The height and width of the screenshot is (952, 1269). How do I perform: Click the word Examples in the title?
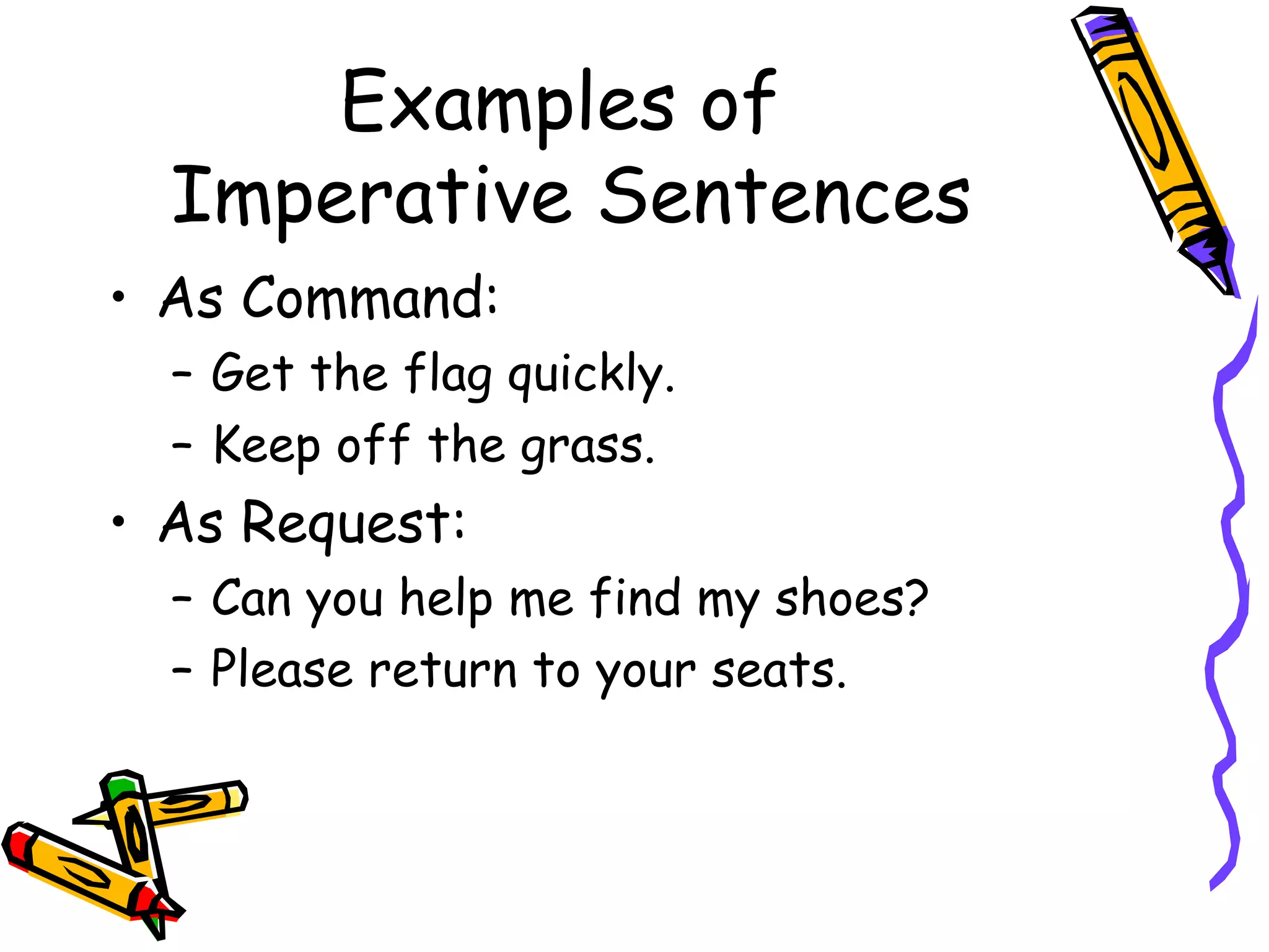(507, 102)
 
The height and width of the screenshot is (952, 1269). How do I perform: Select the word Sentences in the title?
(785, 197)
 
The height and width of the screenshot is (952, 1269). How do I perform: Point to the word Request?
(353, 524)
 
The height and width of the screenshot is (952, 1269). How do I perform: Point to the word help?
(446, 600)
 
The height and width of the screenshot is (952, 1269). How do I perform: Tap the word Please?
(282, 670)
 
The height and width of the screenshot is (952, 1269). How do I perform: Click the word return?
(442, 671)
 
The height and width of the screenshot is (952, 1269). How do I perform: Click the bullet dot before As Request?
(118, 522)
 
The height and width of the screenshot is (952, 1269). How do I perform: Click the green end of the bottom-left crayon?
(120, 788)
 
